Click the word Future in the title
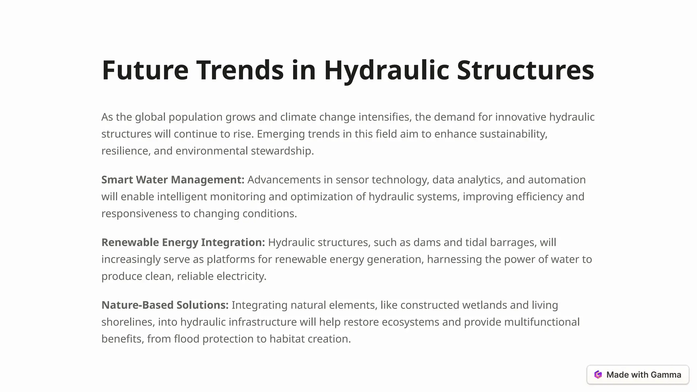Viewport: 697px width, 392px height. [145, 70]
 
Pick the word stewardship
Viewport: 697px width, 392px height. [282, 151]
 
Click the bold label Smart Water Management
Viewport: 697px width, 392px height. [173, 180]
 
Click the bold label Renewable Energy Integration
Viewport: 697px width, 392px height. [183, 242]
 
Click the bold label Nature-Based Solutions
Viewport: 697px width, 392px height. [165, 305]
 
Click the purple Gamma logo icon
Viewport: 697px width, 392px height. [598, 375]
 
